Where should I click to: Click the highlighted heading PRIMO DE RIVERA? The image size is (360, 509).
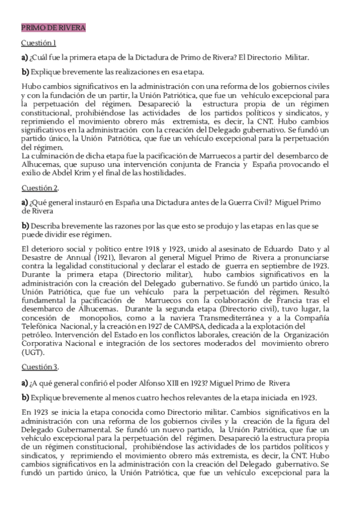click(53, 28)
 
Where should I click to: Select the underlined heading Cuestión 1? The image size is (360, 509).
click(39, 43)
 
